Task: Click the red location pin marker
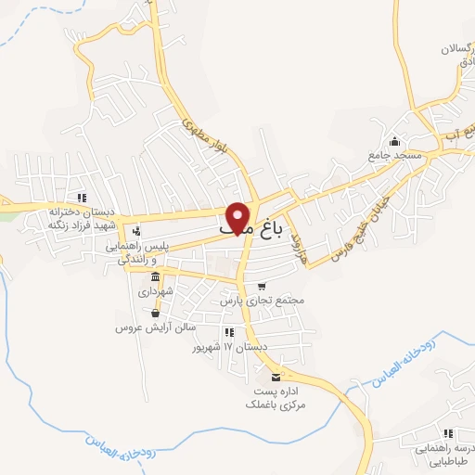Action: click(x=239, y=217)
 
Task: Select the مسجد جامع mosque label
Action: click(x=394, y=156)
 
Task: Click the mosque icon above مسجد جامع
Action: click(x=396, y=142)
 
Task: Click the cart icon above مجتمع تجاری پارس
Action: click(x=262, y=287)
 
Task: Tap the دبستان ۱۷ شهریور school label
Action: click(x=229, y=347)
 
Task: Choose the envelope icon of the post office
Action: click(x=276, y=376)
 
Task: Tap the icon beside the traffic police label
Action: click(x=136, y=231)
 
